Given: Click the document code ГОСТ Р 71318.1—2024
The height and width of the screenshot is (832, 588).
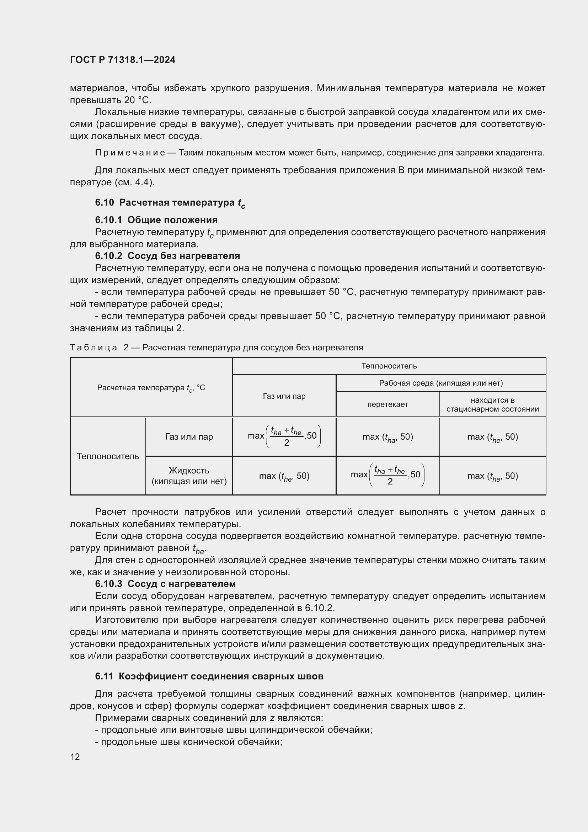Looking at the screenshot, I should click(x=122, y=60).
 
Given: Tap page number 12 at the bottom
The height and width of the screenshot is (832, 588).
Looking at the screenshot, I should click(x=75, y=757).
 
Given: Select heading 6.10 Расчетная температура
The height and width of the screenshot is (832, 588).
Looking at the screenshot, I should click(x=170, y=203).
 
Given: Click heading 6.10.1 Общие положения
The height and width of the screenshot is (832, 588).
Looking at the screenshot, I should click(x=156, y=220).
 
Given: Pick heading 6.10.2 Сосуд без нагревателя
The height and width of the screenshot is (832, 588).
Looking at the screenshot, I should click(x=167, y=256).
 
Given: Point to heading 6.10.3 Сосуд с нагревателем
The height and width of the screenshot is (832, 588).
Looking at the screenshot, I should click(x=165, y=584).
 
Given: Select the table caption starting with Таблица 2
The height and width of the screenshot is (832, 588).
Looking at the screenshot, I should click(x=216, y=348).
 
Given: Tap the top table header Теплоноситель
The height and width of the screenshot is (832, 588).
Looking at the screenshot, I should click(x=389, y=366).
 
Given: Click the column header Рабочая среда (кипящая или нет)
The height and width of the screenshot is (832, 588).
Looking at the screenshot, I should click(x=440, y=383).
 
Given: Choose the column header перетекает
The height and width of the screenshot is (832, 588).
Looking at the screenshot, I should click(x=387, y=404).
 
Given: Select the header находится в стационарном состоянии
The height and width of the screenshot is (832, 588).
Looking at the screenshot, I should click(x=492, y=405).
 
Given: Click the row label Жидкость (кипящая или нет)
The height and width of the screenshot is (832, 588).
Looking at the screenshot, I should click(x=189, y=476).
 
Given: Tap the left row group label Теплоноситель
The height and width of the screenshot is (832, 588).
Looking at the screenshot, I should click(x=108, y=456).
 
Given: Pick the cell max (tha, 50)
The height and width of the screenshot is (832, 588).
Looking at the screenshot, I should click(x=387, y=437).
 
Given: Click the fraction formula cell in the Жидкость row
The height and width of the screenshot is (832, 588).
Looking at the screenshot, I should click(x=387, y=475).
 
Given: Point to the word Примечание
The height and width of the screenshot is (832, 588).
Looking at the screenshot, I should click(x=130, y=153).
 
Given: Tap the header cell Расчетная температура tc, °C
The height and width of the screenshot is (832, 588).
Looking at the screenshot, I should click(x=151, y=388).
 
